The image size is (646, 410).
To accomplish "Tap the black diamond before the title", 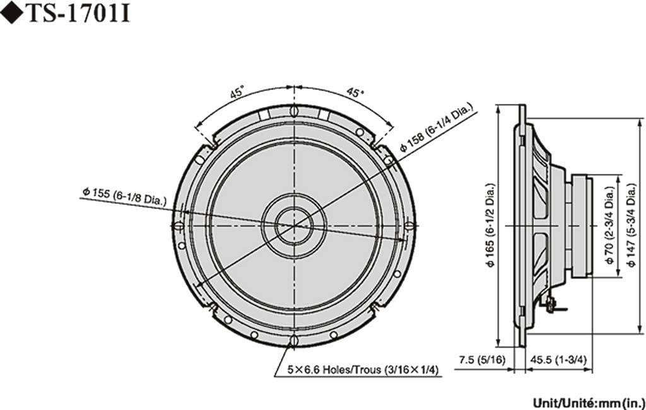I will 11,14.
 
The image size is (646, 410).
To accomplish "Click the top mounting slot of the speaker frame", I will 294,112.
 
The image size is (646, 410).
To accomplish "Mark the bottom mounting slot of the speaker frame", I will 294,341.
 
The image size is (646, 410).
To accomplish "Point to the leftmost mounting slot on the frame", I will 179,225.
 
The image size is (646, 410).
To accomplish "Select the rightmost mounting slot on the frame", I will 409,225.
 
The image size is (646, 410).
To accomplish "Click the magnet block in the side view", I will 580,225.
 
